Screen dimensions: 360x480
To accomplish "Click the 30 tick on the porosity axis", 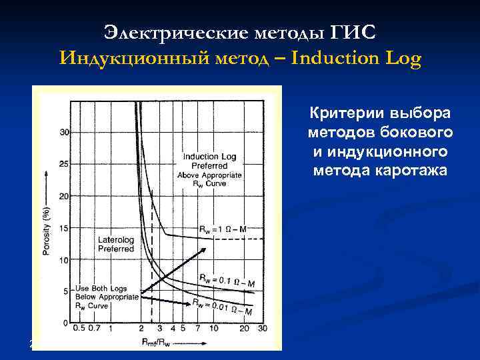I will coord(65,132).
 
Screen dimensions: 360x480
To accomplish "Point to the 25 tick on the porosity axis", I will coord(65,164).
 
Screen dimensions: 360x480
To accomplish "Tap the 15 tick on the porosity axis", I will coord(65,228).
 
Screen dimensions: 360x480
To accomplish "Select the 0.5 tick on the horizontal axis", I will coord(78,328).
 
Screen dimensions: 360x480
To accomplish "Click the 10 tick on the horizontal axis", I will coord(213,328).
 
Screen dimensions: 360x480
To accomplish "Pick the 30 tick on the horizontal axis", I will coord(263,328).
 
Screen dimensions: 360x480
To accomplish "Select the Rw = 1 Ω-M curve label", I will coord(222,229).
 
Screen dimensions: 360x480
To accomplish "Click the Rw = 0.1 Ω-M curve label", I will coord(226,280).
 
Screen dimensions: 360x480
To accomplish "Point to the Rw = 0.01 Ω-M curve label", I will coord(222,307).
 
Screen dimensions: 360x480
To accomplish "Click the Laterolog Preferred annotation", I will coord(116,244).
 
